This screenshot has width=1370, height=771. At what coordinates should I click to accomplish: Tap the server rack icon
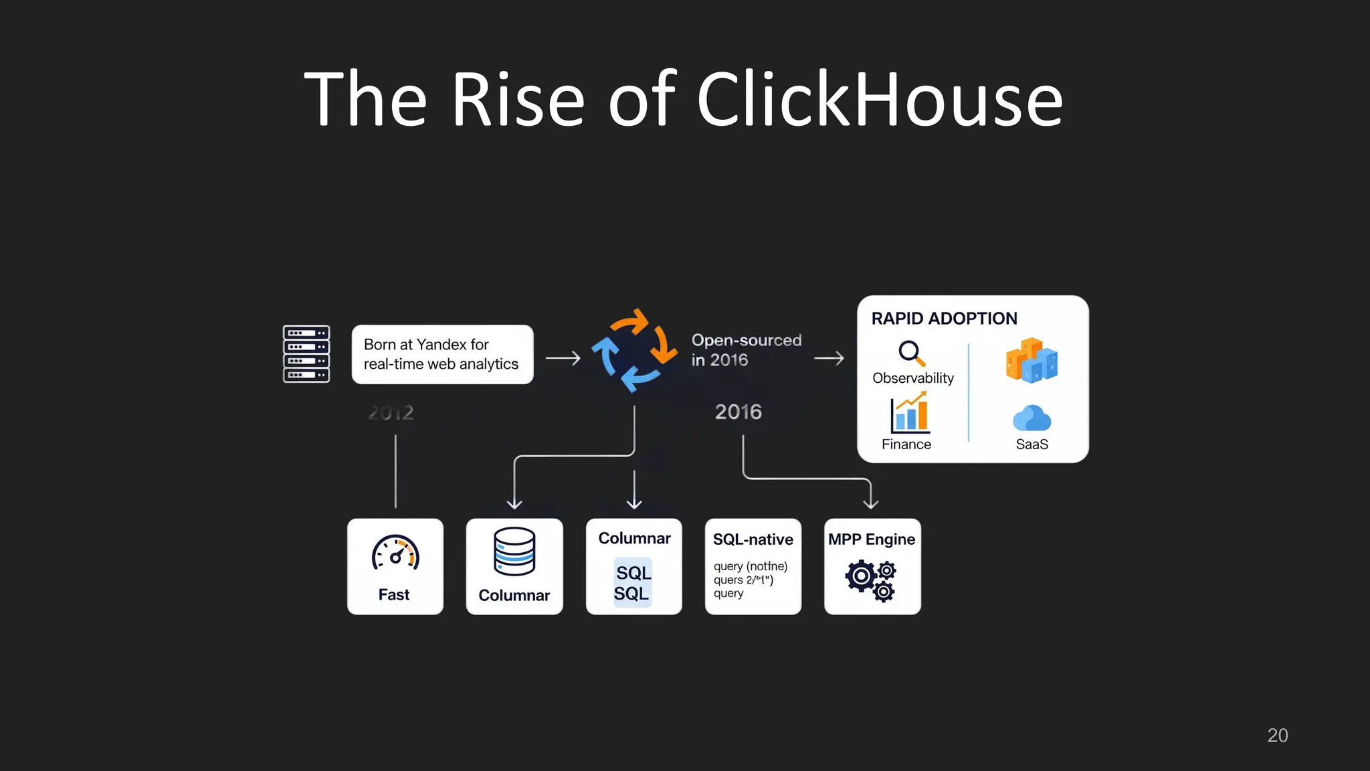(306, 354)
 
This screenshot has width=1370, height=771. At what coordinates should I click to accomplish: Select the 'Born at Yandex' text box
(442, 354)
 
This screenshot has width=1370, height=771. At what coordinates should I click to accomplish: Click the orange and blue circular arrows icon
(634, 350)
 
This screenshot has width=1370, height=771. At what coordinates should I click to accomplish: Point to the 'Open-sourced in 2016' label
(746, 350)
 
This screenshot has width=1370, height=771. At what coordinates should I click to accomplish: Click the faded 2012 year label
(391, 412)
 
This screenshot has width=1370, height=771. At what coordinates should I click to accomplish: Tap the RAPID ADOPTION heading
(944, 319)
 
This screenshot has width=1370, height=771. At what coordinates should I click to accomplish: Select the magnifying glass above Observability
(911, 353)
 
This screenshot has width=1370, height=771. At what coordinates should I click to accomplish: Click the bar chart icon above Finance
(910, 413)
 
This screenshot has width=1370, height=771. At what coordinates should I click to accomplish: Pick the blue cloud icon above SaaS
(1032, 418)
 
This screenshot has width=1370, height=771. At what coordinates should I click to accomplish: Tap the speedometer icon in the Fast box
(395, 553)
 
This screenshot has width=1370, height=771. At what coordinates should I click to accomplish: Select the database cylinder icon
(514, 551)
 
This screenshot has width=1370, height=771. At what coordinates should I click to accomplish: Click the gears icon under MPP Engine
(871, 580)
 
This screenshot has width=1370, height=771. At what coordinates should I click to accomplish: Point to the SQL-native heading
(753, 539)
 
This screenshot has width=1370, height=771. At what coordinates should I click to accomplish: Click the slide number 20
(1277, 736)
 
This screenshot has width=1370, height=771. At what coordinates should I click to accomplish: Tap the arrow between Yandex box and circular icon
(563, 359)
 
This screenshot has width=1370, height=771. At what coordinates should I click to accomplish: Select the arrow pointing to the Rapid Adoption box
(829, 359)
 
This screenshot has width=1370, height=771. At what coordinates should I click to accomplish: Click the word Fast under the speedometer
(394, 594)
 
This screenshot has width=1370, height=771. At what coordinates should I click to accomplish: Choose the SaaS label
(1032, 444)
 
